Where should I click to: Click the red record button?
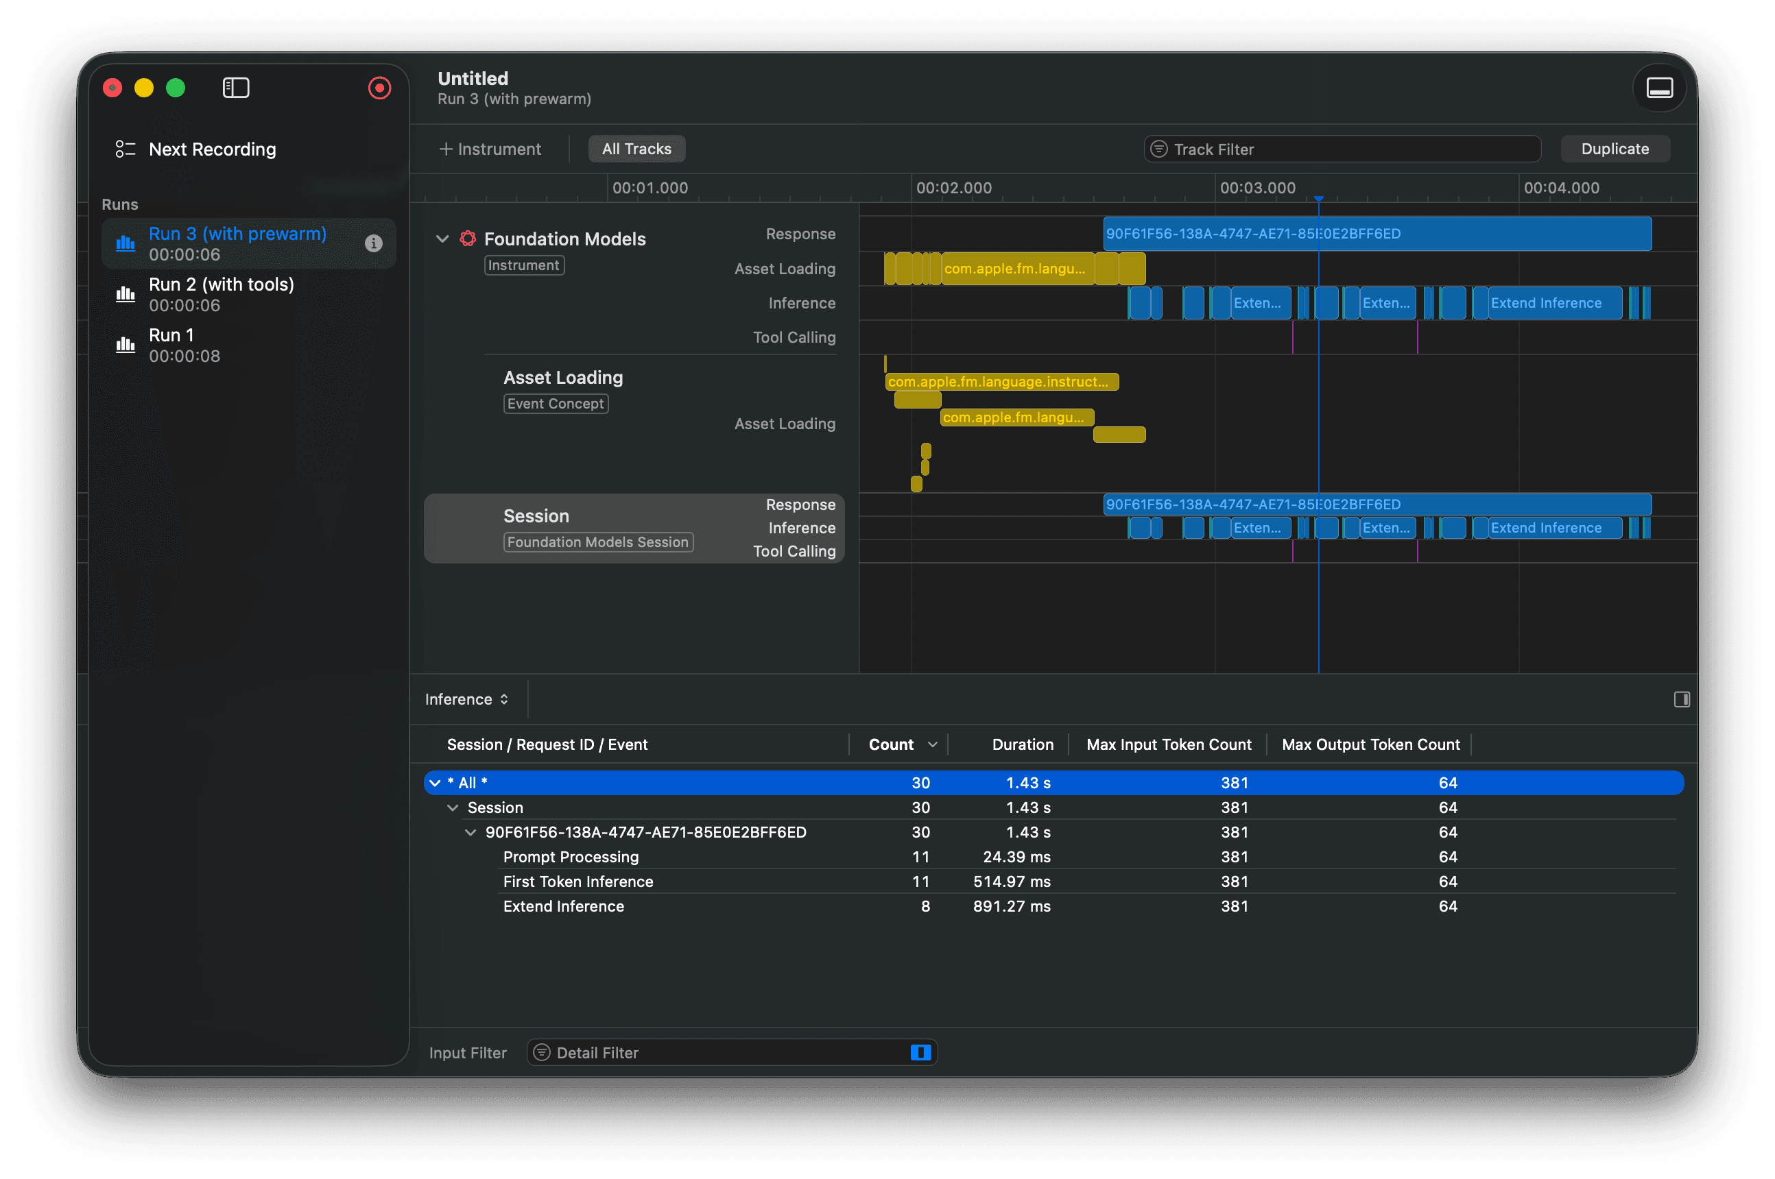(379, 88)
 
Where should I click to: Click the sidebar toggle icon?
(235, 88)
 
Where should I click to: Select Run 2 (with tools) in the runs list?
(221, 294)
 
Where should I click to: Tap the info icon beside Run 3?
(373, 243)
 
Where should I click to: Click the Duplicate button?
(1614, 149)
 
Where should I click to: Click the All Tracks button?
(636, 149)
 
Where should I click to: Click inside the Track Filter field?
(1342, 149)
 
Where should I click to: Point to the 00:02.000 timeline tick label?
(954, 188)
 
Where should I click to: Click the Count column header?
(891, 744)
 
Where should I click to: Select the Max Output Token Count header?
(1370, 744)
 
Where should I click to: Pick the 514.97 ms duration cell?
(1012, 882)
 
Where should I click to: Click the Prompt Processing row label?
(571, 856)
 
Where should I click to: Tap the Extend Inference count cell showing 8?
(925, 906)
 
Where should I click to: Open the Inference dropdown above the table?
(466, 699)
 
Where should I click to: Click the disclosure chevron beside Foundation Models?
(442, 239)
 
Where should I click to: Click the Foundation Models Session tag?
(598, 542)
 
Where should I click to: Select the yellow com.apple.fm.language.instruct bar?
(1002, 382)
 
